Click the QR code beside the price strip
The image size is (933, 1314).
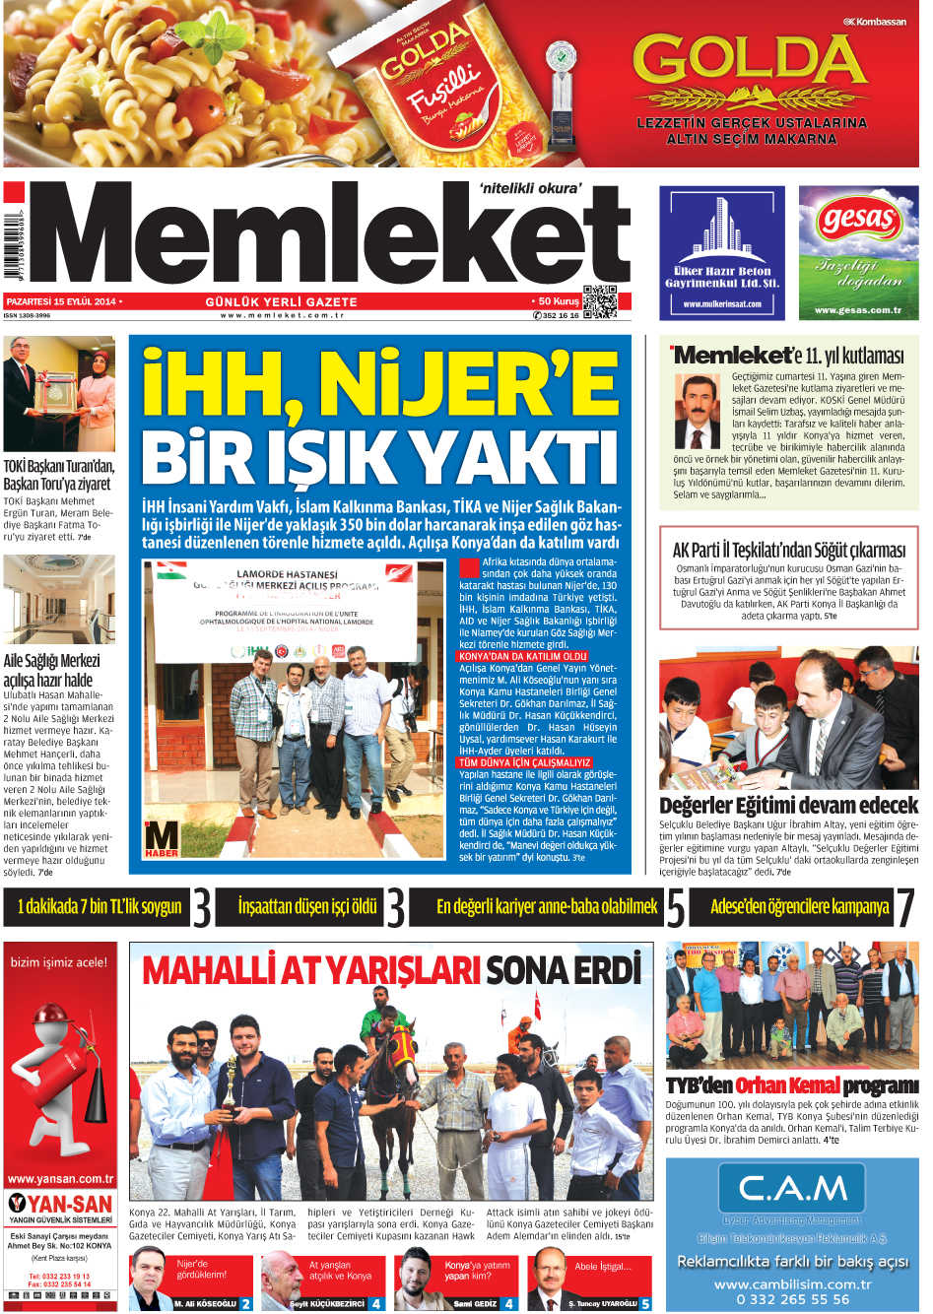pyautogui.click(x=599, y=301)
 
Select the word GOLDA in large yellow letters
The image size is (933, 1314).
pyautogui.click(x=749, y=62)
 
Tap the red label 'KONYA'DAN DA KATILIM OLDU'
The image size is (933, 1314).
pyautogui.click(x=523, y=656)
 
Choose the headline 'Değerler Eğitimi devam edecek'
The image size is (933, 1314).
pyautogui.click(x=788, y=805)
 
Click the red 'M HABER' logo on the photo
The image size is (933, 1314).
pyautogui.click(x=161, y=837)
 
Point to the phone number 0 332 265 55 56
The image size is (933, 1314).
pyautogui.click(x=792, y=1299)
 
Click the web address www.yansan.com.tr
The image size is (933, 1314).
pyautogui.click(x=60, y=1178)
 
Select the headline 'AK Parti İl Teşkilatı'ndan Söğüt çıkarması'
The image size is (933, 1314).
pyautogui.click(x=788, y=550)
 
